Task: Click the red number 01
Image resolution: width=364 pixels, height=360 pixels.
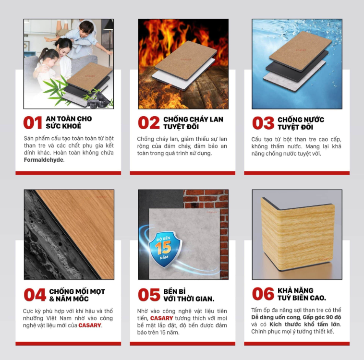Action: tap(33, 122)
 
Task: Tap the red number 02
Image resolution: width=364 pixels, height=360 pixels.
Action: tap(149, 122)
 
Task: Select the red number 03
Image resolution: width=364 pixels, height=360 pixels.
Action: tap(263, 123)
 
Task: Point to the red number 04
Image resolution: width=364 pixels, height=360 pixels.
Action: tap(35, 295)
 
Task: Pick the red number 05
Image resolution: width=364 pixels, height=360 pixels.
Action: tap(149, 295)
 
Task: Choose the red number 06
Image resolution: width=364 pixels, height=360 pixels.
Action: tap(263, 294)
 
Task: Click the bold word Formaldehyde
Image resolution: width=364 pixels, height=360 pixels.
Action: tap(43, 160)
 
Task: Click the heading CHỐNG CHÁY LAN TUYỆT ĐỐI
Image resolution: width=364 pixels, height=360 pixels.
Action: tap(193, 123)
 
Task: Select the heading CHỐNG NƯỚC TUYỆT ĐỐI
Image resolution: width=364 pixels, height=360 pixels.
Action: tap(301, 123)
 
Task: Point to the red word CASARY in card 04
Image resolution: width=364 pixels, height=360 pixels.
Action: tap(90, 325)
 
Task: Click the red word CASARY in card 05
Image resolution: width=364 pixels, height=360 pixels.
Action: tap(161, 318)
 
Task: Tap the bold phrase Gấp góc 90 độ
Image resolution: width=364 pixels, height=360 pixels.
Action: tap(322, 317)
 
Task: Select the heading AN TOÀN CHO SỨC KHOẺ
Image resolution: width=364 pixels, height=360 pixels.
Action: tap(69, 122)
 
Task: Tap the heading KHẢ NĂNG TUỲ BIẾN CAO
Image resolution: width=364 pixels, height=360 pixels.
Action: tap(302, 294)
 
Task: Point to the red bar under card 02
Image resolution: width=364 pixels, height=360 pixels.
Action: tap(182, 173)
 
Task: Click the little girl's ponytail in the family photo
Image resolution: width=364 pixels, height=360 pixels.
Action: tap(43, 53)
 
